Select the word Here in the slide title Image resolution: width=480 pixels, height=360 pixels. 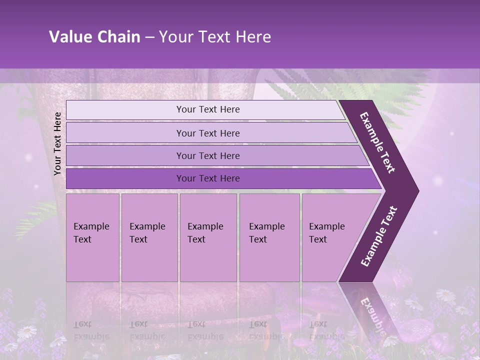pyautogui.click(x=253, y=37)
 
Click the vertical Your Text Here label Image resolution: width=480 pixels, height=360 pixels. pyautogui.click(x=57, y=143)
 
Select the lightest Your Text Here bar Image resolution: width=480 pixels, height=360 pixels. pyautogui.click(x=207, y=109)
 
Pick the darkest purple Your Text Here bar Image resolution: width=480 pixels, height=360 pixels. pyautogui.click(x=207, y=178)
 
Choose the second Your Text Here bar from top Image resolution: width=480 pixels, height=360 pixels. pyautogui.click(x=207, y=133)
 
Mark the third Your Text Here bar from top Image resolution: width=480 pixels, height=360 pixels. pyautogui.click(x=207, y=155)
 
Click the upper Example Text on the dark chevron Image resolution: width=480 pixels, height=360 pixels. pyautogui.click(x=377, y=142)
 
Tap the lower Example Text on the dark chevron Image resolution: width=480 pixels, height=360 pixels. pyautogui.click(x=379, y=236)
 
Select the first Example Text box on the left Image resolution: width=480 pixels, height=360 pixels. pyautogui.click(x=92, y=237)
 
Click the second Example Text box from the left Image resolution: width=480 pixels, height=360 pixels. pyautogui.click(x=149, y=237)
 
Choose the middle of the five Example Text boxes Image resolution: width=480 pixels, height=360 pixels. pyautogui.click(x=208, y=237)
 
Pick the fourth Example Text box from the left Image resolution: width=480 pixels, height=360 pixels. pyautogui.click(x=269, y=237)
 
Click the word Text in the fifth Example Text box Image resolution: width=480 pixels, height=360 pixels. pyautogui.click(x=318, y=239)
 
